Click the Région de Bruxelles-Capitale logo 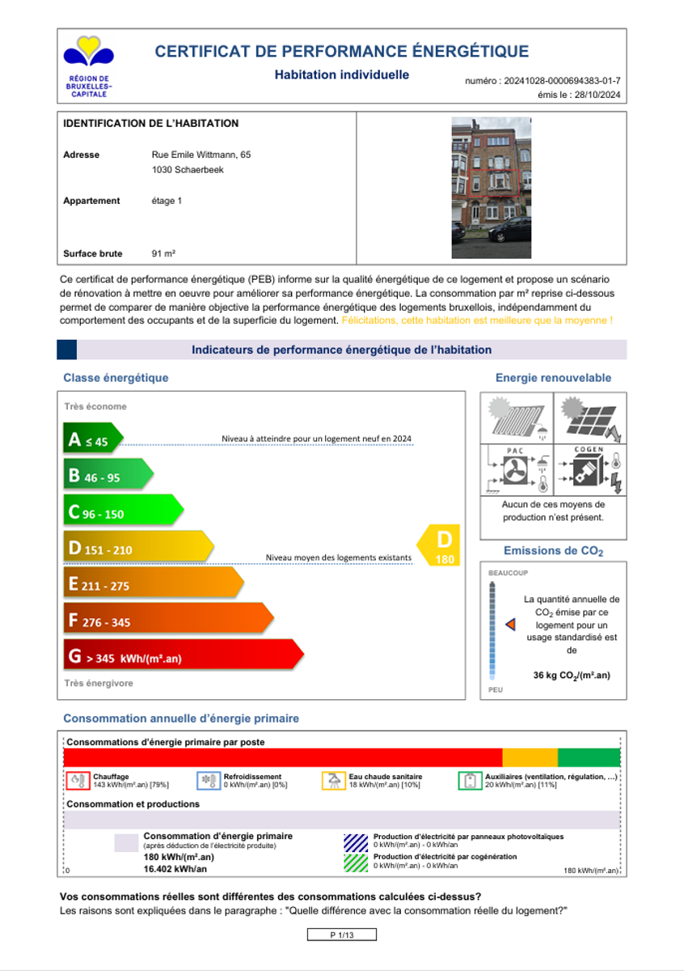coord(89,65)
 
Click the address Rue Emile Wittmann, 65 coord(201,155)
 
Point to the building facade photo coord(491,188)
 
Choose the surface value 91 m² coord(164,253)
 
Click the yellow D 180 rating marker coord(440,545)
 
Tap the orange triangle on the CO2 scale coord(510,625)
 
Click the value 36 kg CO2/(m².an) coord(572,676)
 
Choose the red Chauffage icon coord(78,781)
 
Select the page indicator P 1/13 coord(341,935)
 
